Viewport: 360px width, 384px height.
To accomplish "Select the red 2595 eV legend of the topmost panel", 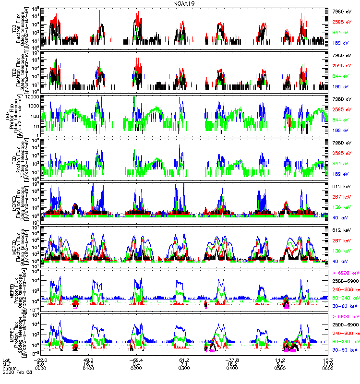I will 343,22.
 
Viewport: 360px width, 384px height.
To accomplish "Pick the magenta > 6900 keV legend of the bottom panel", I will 345,317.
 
